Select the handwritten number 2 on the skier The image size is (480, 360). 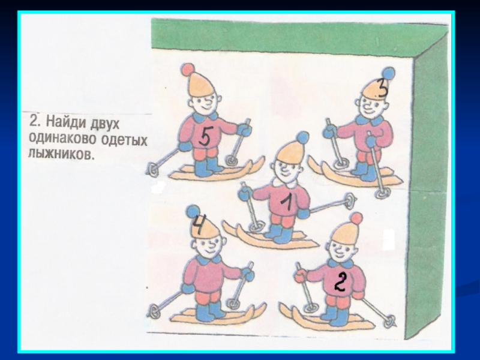point(340,281)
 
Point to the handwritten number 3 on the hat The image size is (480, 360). point(382,88)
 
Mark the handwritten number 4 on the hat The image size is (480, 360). point(199,224)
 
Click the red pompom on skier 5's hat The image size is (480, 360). point(187,70)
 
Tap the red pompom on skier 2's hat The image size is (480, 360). point(356,218)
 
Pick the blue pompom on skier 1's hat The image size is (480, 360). point(302,137)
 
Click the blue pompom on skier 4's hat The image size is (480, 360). point(193,211)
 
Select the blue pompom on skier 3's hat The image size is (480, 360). point(388,73)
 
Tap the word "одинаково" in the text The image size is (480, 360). point(62,139)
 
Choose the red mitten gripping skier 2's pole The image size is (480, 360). point(301,275)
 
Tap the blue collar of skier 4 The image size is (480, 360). point(209,260)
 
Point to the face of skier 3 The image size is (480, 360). point(371,106)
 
